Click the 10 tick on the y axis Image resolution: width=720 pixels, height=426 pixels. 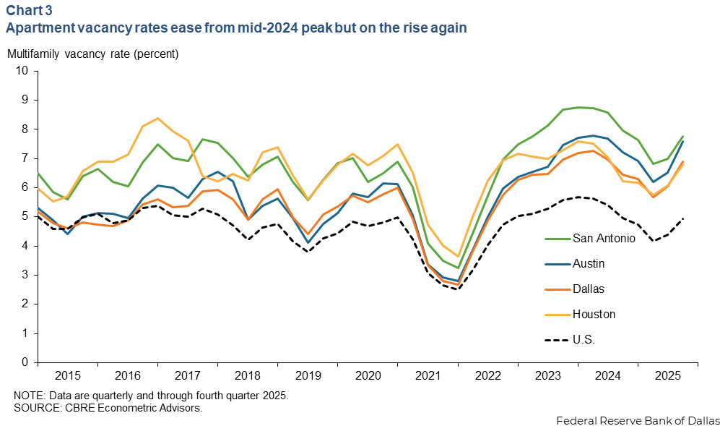pos(22,71)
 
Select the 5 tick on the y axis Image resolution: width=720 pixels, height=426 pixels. pos(25,216)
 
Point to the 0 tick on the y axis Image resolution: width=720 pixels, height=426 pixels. pos(25,362)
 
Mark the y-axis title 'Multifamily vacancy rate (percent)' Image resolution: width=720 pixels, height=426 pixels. pos(92,54)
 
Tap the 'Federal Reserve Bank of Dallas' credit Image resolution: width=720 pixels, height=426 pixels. pos(638,420)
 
